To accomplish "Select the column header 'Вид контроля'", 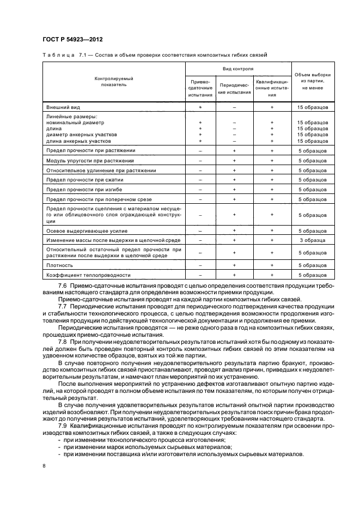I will [x=238, y=69].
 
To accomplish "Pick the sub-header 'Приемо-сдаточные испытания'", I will [x=200, y=88].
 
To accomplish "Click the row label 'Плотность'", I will [x=60, y=265].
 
